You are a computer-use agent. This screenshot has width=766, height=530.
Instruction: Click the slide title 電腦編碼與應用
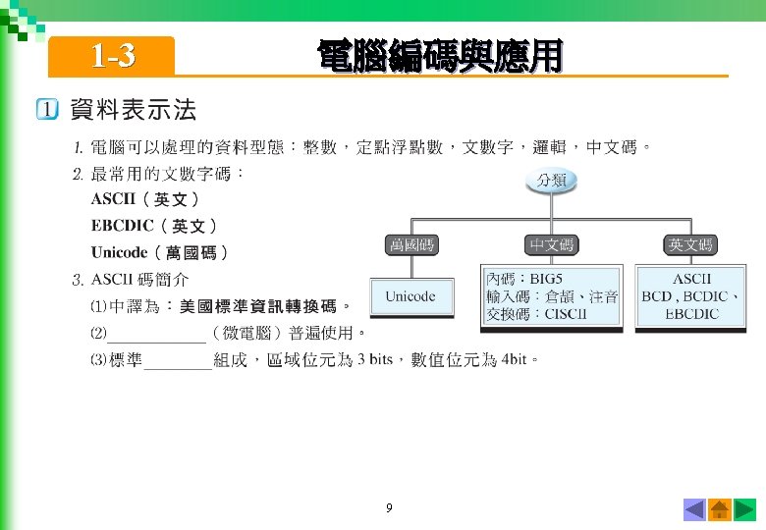[x=439, y=56]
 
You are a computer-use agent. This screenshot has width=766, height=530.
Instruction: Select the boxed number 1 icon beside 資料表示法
[x=47, y=110]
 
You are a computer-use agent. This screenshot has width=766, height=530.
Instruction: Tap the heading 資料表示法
[x=133, y=109]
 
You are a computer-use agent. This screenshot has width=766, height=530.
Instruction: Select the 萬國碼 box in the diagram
[x=410, y=244]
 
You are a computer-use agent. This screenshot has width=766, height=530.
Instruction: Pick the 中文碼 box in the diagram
[x=551, y=244]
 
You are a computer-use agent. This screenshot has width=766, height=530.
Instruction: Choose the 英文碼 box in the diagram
[x=690, y=244]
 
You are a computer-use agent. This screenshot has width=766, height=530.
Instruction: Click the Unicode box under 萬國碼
[x=410, y=295]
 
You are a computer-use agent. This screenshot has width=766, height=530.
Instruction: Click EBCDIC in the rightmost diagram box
[x=691, y=314]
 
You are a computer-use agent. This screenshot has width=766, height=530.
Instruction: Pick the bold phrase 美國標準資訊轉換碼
[x=257, y=305]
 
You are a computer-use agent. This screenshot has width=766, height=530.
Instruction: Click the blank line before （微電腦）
[x=157, y=334]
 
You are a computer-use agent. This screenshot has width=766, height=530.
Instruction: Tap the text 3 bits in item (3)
[x=374, y=359]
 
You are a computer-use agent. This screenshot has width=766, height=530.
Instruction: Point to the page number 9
[x=389, y=508]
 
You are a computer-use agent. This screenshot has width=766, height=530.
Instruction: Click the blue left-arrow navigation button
[x=694, y=509]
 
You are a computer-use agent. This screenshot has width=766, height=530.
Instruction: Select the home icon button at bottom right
[x=719, y=509]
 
